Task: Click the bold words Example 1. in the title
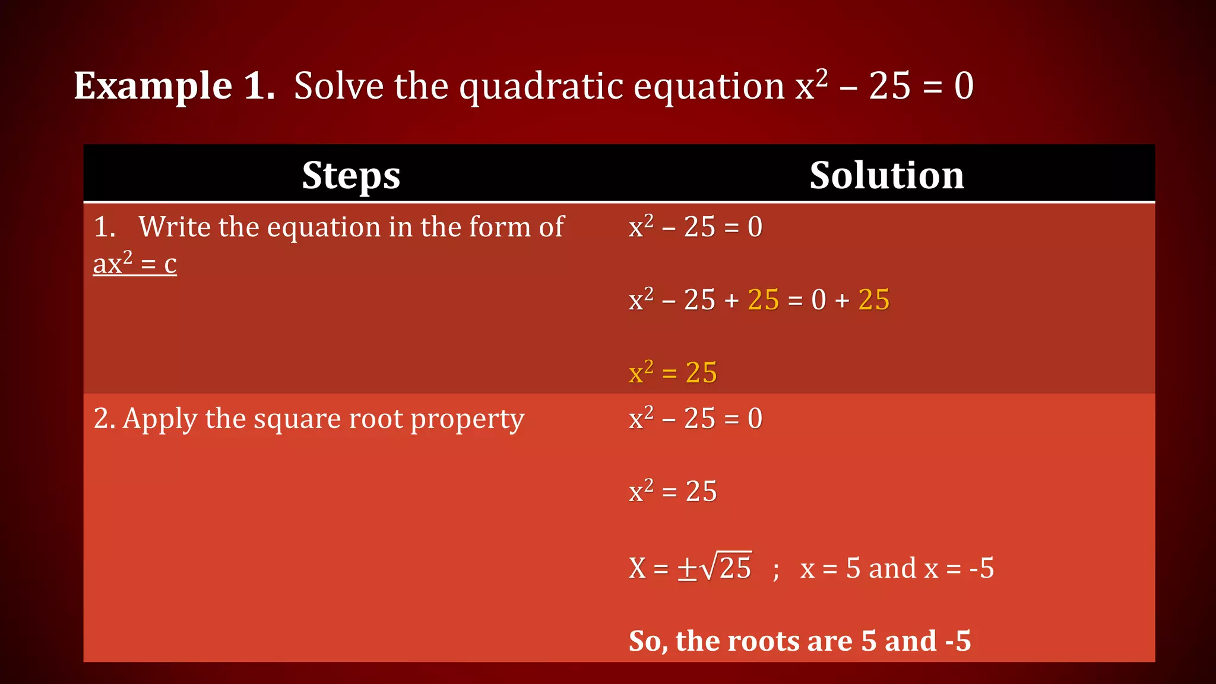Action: (174, 86)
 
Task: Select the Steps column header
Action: (351, 176)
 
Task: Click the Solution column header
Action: (886, 176)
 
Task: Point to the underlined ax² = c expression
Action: (135, 264)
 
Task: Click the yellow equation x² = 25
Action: (673, 373)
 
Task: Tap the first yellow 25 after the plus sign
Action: (763, 300)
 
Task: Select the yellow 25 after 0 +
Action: (874, 300)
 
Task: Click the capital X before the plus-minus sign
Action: (637, 568)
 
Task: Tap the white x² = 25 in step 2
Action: (673, 492)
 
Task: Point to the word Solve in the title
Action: (339, 86)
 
